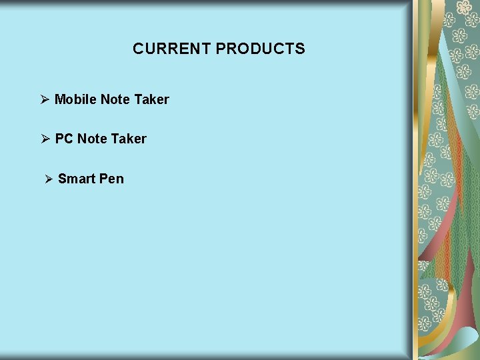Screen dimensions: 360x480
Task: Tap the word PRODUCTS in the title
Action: (261, 49)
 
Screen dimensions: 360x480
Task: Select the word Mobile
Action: (75, 99)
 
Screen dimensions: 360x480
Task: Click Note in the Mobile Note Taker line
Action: (115, 99)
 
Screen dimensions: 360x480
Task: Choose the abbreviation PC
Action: (64, 139)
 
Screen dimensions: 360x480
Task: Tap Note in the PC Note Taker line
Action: (93, 139)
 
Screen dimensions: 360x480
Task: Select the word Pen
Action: (111, 179)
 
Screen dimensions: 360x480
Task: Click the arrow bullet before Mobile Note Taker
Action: (45, 99)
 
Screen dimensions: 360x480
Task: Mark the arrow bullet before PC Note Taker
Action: (45, 139)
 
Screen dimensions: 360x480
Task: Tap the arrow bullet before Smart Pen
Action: (48, 179)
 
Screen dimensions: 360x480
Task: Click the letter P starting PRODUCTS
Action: (221, 49)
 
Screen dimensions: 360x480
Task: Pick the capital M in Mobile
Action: (60, 99)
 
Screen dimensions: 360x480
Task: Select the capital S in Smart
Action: (62, 179)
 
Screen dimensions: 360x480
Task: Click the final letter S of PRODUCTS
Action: (301, 49)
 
